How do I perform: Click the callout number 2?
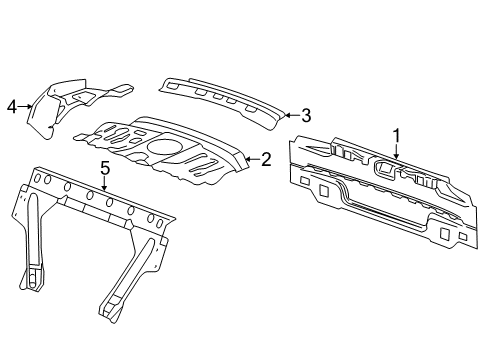265,158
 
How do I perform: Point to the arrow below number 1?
395,153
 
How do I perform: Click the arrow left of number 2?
250,158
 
